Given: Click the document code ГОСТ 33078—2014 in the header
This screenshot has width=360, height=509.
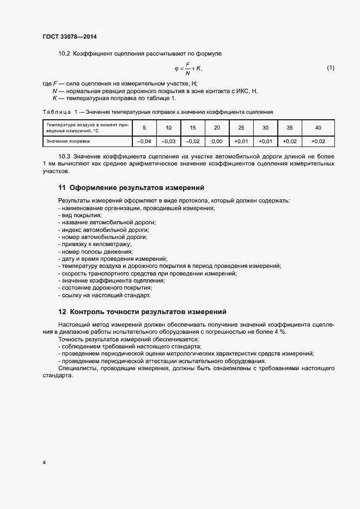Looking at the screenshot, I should (69, 37).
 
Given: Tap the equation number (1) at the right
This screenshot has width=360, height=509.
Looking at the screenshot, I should (331, 68).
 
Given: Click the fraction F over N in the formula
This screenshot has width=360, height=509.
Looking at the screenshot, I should (188, 68).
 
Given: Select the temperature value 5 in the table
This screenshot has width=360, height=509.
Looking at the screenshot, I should (144, 128).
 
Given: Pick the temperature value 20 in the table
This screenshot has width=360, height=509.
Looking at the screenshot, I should (217, 128).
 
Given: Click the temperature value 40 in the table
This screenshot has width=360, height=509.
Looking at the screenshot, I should (318, 128).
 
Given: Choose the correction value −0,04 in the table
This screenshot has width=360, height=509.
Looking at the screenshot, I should (144, 141).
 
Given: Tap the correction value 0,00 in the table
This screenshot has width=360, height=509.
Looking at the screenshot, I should (217, 141).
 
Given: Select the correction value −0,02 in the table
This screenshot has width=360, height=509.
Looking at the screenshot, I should (193, 141).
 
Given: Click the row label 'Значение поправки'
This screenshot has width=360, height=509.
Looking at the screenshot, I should (68, 141).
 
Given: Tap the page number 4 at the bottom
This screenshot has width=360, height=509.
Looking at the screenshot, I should (44, 463).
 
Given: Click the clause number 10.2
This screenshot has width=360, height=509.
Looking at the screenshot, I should (64, 53).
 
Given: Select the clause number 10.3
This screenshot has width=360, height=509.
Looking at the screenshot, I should (64, 157).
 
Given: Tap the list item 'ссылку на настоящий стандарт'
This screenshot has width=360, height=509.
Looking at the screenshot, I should (103, 296).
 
